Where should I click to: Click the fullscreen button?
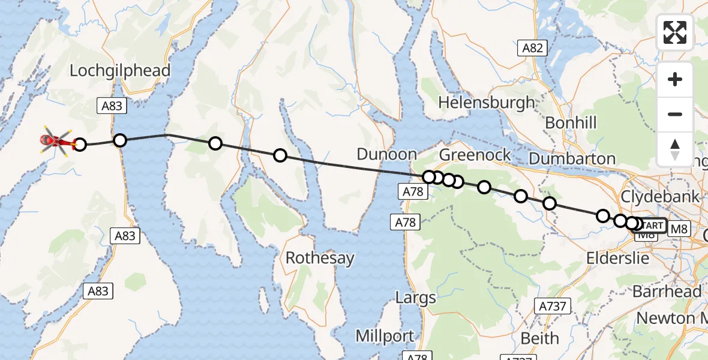(x=675, y=32)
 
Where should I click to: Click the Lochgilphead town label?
(x=120, y=70)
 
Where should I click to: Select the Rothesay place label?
(x=320, y=259)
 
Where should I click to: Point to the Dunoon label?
(x=386, y=154)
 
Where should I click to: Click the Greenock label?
(x=475, y=155)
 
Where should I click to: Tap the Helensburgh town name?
(x=486, y=103)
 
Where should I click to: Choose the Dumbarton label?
(x=572, y=159)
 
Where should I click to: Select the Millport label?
(x=385, y=336)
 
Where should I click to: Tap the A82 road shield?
(x=532, y=49)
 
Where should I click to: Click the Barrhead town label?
(x=667, y=292)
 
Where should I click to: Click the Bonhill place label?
(x=571, y=124)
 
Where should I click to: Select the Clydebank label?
(x=660, y=196)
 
